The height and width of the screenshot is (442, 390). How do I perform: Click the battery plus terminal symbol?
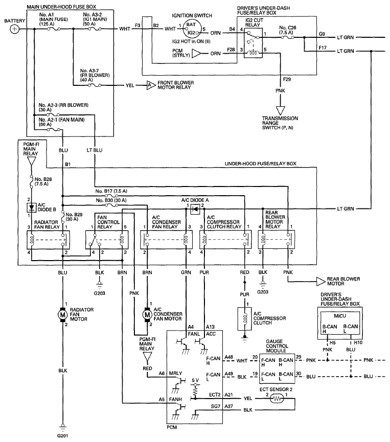(14, 29)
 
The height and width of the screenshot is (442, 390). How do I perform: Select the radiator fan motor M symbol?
(62, 314)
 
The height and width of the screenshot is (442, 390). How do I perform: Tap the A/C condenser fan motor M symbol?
(147, 314)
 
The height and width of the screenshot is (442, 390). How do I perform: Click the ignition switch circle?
(192, 29)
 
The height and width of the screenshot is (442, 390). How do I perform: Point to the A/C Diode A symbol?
(195, 210)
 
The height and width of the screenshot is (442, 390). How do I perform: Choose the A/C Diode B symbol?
(32, 208)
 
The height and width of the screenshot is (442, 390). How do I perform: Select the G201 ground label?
(62, 436)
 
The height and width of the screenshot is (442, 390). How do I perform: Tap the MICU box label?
(340, 316)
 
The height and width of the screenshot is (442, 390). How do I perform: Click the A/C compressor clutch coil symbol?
(244, 318)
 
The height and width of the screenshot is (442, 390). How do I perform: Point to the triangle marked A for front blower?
(151, 85)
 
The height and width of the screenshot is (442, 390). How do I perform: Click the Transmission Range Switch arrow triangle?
(280, 110)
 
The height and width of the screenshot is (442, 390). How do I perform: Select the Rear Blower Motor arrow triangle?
(320, 282)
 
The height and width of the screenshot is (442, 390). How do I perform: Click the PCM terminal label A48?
(228, 357)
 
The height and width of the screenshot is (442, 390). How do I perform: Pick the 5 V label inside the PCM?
(195, 380)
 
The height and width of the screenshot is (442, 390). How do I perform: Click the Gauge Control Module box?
(277, 368)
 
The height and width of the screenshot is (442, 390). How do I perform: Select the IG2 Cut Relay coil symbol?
(253, 53)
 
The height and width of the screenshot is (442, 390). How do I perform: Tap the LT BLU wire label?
(95, 150)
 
